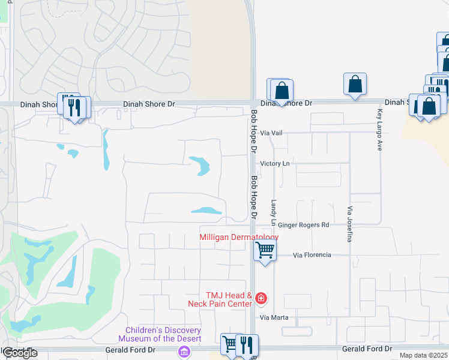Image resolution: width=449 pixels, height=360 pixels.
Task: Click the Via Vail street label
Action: coord(271,133)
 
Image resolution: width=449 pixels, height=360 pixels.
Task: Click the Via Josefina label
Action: coord(349,224)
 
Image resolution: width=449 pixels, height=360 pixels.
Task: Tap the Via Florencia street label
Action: coord(312,255)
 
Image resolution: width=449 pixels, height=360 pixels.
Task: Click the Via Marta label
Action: coord(274,317)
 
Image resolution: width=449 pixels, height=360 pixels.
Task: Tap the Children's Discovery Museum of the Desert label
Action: coord(163,335)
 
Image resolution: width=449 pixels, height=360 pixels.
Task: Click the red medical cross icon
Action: coord(261,298)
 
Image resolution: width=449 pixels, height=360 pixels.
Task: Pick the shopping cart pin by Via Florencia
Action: coord(265,249)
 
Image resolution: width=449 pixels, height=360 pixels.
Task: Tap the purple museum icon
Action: coord(183,353)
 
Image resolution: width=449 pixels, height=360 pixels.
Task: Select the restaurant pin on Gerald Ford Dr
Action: coord(246,345)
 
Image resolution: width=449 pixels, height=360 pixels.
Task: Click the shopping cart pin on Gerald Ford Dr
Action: coord(231,344)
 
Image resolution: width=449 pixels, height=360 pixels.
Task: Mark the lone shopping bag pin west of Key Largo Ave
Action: coord(355,85)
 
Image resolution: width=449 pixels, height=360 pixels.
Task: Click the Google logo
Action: coord(20,353)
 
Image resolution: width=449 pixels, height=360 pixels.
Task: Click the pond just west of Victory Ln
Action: coord(201,166)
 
